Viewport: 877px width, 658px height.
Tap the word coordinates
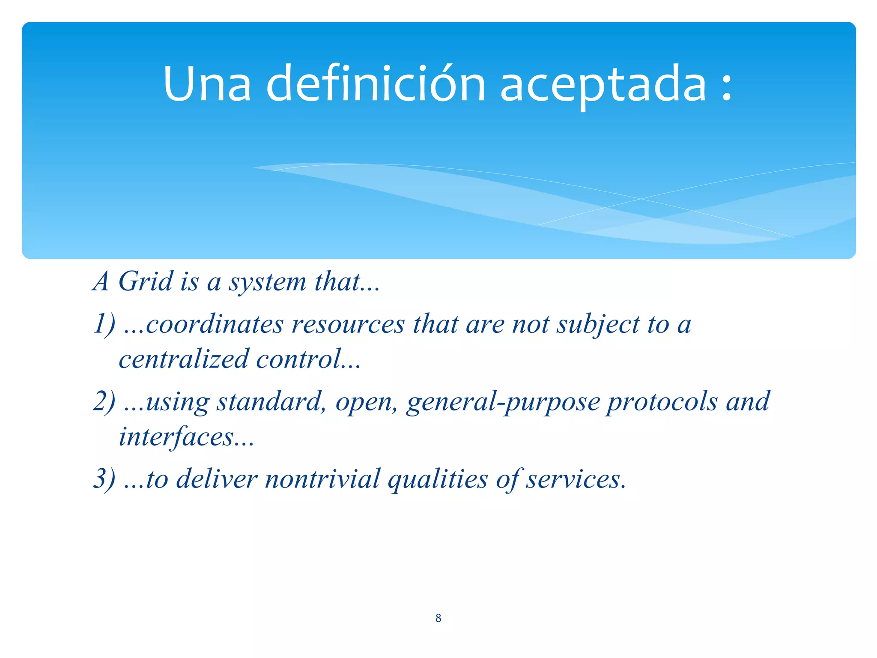point(215,324)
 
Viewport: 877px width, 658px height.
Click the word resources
point(348,324)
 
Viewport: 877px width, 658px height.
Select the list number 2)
point(104,401)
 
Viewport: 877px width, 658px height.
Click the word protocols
point(662,402)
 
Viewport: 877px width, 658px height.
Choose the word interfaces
point(176,437)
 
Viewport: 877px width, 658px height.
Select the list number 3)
point(104,479)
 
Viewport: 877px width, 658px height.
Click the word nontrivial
point(322,479)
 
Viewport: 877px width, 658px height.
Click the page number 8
point(438,618)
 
